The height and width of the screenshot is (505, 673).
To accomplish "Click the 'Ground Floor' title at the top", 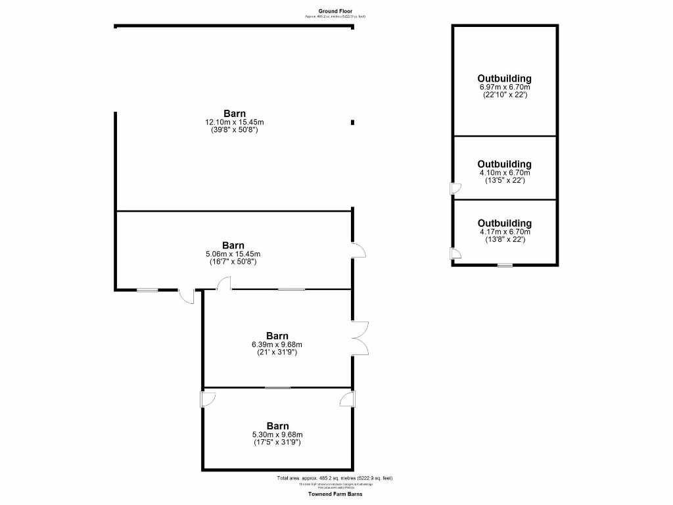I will (x=336, y=11).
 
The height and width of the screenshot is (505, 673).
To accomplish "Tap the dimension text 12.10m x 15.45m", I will (x=235, y=122).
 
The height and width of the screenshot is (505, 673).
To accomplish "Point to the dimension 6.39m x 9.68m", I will (x=277, y=345).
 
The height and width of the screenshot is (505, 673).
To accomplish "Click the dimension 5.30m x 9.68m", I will (x=277, y=434).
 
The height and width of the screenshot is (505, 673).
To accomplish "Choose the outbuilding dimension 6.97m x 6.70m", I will (x=505, y=87).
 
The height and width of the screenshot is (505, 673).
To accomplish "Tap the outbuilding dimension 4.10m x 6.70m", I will (x=505, y=172).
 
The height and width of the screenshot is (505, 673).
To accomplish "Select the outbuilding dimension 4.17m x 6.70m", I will (x=505, y=231).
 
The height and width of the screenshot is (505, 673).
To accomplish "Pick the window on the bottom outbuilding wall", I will (x=505, y=265).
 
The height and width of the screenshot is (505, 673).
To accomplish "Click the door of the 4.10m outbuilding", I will (x=455, y=189).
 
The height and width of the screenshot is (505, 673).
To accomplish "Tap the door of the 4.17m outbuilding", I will (x=455, y=254).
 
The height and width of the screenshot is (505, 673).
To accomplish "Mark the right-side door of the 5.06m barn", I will (x=358, y=250).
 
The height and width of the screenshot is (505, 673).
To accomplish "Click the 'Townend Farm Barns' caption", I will (x=335, y=493).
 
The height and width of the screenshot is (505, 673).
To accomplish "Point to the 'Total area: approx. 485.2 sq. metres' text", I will (x=335, y=478).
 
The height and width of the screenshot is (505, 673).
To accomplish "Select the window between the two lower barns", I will (x=277, y=388).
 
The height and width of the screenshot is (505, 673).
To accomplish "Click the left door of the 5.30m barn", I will (x=207, y=398).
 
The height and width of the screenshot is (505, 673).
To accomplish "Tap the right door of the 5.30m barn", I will (x=348, y=398).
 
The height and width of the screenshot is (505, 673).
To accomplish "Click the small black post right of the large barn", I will (x=353, y=122).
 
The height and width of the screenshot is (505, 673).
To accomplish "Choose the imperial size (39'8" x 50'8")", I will (x=235, y=130).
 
